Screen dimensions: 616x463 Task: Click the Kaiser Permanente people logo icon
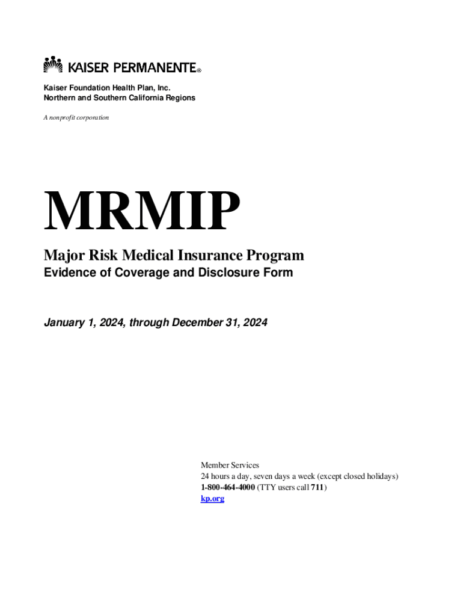pyautogui.click(x=54, y=64)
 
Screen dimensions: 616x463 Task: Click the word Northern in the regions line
pyautogui.click(x=59, y=97)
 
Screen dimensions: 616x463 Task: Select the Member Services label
pyautogui.click(x=230, y=465)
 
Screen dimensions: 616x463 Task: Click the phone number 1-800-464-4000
pyautogui.click(x=228, y=487)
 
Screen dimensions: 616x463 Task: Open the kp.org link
pyautogui.click(x=212, y=499)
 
